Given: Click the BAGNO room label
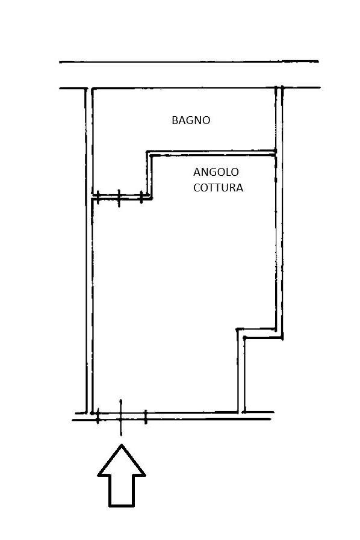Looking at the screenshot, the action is [191, 120].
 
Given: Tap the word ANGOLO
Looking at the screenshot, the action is [216, 172].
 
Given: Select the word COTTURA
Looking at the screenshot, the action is [218, 188].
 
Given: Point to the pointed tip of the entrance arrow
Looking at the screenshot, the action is [122, 445].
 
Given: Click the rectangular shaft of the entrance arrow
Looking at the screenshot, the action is [122, 491].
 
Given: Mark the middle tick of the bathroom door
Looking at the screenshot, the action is [119, 199].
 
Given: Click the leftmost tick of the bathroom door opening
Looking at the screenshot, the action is [98, 197].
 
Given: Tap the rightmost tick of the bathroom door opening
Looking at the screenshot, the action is [141, 197].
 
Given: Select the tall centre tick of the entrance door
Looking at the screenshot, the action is [120, 417].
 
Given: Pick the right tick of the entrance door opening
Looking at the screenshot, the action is [146, 417].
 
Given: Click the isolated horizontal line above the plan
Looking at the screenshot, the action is [189, 62].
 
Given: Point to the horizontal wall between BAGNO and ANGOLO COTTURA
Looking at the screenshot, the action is [211, 154].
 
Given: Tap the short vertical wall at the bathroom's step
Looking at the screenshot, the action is [149, 175].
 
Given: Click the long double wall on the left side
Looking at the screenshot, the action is [89, 250].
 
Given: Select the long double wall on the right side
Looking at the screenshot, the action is [279, 212].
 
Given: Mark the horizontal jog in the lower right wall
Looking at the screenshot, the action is [259, 334].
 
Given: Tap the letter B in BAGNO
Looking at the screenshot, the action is [175, 120].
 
